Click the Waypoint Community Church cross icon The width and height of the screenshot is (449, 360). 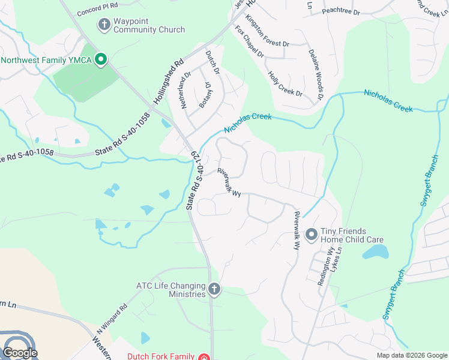104,25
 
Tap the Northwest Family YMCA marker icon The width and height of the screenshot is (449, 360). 101,59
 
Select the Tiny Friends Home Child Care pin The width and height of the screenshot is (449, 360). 311,235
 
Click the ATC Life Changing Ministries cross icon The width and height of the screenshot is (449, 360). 214,290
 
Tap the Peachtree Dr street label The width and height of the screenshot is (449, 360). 340,11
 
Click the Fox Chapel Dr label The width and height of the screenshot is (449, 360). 250,41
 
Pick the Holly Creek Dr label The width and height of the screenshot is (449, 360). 285,84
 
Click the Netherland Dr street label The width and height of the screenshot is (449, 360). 187,89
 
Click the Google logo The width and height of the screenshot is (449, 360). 20,353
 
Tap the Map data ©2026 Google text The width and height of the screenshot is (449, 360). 412,355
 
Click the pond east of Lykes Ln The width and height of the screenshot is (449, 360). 377,253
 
